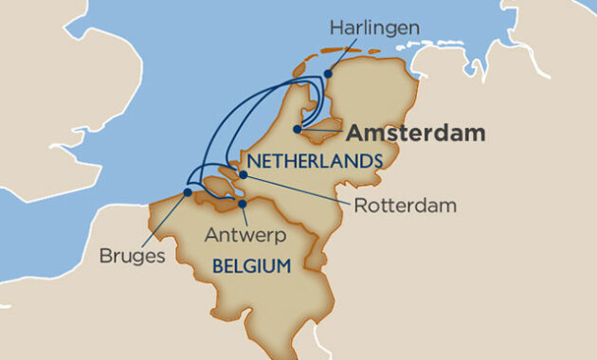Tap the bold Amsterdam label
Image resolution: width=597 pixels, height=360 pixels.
click(414, 133)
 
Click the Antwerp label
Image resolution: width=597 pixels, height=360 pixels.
click(244, 233)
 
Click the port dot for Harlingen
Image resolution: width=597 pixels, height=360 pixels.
click(328, 73)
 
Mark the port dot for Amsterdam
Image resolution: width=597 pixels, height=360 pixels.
click(298, 130)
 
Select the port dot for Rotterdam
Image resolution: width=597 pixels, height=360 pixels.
click(244, 174)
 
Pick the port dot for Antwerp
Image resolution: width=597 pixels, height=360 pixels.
click(243, 203)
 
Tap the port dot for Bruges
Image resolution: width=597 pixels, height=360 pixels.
click(188, 192)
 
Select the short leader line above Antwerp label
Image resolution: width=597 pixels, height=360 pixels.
click(244, 213)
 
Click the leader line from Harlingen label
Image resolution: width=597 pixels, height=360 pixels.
click(344, 56)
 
